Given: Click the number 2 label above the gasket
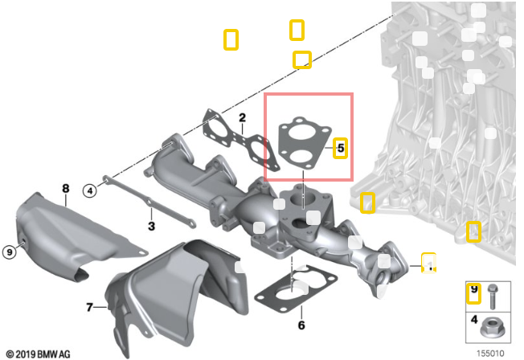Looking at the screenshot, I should pos(241,118).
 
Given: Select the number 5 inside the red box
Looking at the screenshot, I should pos(340,148).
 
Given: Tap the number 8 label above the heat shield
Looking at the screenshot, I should pos(66,189).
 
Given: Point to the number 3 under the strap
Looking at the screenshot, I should pos(150,227).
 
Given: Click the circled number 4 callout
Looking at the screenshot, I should pos(90,190).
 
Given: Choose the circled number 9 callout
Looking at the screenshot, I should pos(10,252).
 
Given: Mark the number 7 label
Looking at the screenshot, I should pos(89,306).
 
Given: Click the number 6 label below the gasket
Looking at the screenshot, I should pos(301,325).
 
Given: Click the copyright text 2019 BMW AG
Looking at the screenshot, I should pos(38,354).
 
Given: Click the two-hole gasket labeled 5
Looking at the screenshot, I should pos(302,145).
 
